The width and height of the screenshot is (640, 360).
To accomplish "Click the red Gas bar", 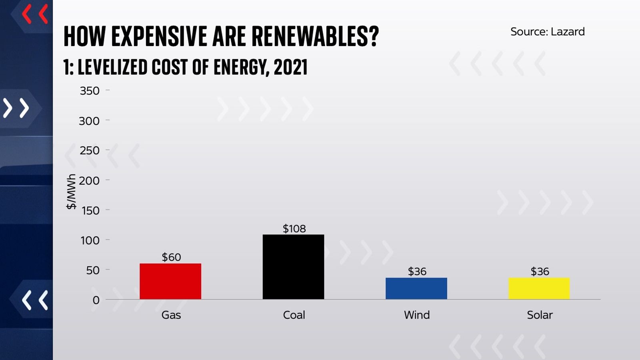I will [x=170, y=281].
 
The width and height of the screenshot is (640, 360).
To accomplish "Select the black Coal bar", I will [x=293, y=267].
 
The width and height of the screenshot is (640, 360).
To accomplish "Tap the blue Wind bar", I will [x=416, y=288].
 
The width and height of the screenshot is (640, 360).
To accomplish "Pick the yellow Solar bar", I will [x=539, y=288].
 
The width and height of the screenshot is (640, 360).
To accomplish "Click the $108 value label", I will [x=294, y=229].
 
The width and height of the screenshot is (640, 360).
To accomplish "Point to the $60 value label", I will [x=171, y=257].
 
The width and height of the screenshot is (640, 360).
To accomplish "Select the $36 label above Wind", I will [x=417, y=272].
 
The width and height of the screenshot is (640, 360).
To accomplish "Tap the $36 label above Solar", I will [x=540, y=272].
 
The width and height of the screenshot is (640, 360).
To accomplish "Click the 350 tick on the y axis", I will [x=90, y=91].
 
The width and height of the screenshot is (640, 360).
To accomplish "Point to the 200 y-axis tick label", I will [x=89, y=181].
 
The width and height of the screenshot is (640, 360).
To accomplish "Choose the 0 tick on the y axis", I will [x=96, y=300].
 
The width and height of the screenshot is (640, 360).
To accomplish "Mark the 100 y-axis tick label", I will [x=90, y=240].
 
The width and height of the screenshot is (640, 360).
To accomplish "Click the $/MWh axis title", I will [x=71, y=192].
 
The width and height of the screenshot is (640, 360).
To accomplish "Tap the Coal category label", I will [x=294, y=315].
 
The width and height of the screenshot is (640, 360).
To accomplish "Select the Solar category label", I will [x=540, y=315].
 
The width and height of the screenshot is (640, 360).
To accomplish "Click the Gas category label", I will [x=171, y=315].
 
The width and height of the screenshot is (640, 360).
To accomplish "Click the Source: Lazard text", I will [x=547, y=32].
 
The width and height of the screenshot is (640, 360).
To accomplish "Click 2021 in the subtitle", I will [x=290, y=67].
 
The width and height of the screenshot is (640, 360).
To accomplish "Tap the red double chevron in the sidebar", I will [x=35, y=14].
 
